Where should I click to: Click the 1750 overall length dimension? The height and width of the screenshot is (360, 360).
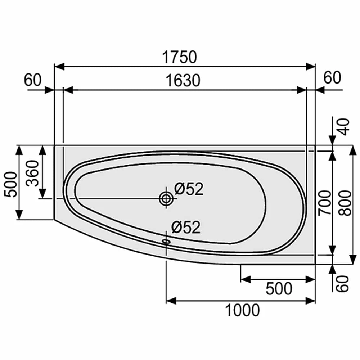click(x=179, y=57)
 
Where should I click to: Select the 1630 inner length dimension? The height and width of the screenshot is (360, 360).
click(x=183, y=81)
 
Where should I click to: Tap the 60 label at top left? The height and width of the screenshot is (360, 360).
click(x=33, y=80)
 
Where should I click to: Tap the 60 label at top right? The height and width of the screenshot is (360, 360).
click(x=332, y=77)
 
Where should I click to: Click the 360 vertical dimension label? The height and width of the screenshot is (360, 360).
click(x=32, y=174)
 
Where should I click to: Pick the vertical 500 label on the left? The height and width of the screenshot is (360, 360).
click(x=11, y=184)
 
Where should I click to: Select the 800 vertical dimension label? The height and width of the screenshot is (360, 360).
click(x=345, y=203)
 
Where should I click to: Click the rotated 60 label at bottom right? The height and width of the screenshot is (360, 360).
click(x=343, y=284)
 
